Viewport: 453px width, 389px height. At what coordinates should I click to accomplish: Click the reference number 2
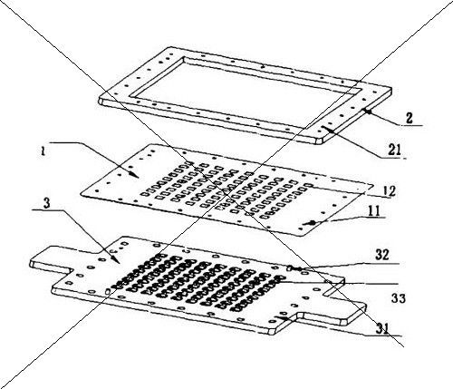click(x=410, y=118)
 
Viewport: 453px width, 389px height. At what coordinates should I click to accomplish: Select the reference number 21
click(x=394, y=150)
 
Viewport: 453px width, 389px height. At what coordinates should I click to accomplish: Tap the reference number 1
click(x=43, y=151)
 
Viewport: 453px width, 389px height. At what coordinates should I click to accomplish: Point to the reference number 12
click(x=388, y=191)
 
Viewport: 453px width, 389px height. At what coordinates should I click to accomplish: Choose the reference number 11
click(x=374, y=211)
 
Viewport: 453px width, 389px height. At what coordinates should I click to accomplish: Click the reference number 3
click(x=46, y=203)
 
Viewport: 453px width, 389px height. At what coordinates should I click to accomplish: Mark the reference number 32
click(x=382, y=256)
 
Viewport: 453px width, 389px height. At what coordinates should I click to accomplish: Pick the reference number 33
click(x=399, y=298)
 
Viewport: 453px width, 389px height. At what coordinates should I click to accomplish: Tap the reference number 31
click(x=382, y=328)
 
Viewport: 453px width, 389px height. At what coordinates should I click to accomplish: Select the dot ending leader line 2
click(x=368, y=112)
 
